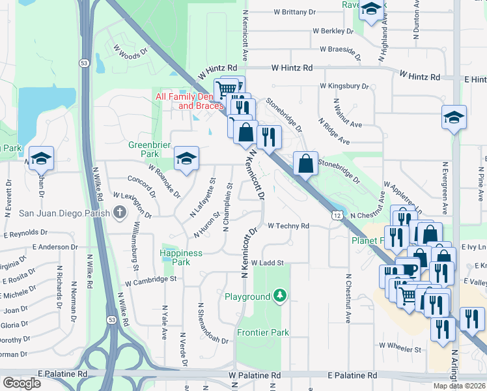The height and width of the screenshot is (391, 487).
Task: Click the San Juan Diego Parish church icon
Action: click(119, 212)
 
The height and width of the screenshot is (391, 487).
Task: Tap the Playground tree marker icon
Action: click(280, 297)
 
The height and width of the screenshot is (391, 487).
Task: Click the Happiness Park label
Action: click(181, 257)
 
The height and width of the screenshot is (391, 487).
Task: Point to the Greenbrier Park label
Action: click(143, 149)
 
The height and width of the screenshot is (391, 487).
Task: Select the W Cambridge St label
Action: click(151, 280)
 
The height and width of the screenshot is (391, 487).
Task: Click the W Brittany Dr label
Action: click(294, 12)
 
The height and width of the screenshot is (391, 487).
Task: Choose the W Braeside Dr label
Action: click(341, 50)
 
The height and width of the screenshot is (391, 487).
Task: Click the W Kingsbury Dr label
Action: click(344, 86)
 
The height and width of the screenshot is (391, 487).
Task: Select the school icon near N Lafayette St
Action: click(186, 158)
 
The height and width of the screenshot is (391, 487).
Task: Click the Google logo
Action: click(21, 383)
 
